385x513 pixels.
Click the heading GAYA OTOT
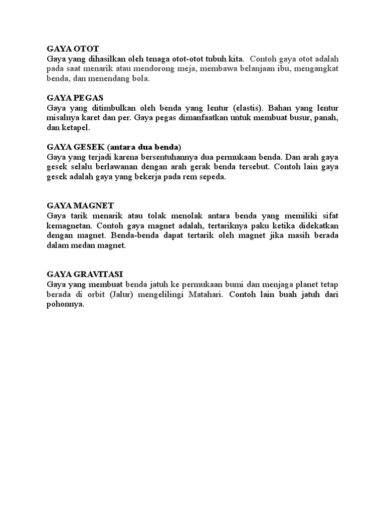point(73,49)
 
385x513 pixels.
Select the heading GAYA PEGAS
point(75,98)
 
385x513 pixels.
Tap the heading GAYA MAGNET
point(80,205)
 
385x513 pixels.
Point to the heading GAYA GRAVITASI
point(85,274)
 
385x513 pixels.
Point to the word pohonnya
point(65,304)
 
